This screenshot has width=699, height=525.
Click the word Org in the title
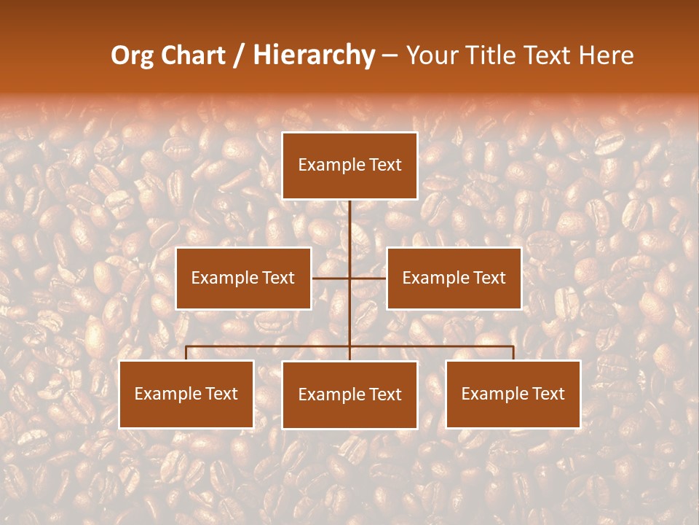133,55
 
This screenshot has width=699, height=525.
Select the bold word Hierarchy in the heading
314,55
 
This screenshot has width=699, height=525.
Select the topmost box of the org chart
349,166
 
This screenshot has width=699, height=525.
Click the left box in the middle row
243,278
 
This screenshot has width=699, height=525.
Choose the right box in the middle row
454,278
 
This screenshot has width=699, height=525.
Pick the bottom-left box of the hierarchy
186,394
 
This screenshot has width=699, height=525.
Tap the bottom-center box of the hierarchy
349,394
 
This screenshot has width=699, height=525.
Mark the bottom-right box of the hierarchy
513,394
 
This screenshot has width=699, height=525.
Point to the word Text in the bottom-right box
548,394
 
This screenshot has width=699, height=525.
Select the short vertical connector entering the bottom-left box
186,353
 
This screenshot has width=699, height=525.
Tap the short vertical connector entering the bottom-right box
513,353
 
